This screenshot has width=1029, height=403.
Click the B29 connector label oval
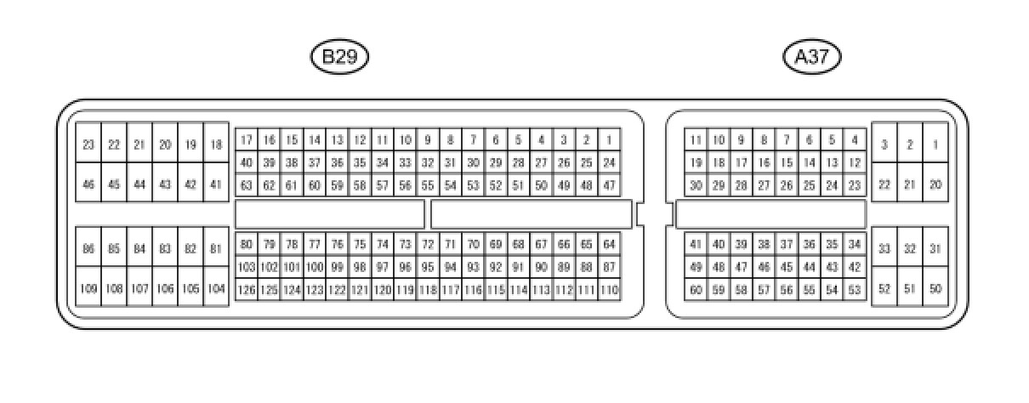[x=339, y=57]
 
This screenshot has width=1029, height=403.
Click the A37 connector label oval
[x=811, y=57]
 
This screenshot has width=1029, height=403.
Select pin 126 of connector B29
[x=247, y=290]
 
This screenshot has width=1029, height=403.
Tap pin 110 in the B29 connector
[x=609, y=290]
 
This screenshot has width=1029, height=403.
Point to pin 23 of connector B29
[x=88, y=145]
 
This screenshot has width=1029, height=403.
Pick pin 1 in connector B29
[x=609, y=139]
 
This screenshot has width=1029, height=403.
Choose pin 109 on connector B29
[x=88, y=288]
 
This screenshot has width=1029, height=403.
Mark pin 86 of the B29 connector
[x=88, y=249]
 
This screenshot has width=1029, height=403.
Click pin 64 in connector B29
[x=609, y=245]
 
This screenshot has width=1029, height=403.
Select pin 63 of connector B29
[x=247, y=184]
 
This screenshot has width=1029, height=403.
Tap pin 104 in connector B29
[x=216, y=288]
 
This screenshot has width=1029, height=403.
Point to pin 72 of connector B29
[x=428, y=245]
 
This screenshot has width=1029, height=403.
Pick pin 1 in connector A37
[x=935, y=145]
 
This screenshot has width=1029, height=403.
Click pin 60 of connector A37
[x=696, y=290]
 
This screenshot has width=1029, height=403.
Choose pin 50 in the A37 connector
[x=935, y=288]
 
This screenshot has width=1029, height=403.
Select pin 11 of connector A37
[x=696, y=139]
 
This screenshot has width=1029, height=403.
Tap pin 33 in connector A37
[x=884, y=249]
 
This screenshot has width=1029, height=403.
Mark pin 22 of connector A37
[x=884, y=184]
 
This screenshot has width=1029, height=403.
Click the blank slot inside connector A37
[x=770, y=214]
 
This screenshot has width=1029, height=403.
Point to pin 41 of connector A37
[x=696, y=245]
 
